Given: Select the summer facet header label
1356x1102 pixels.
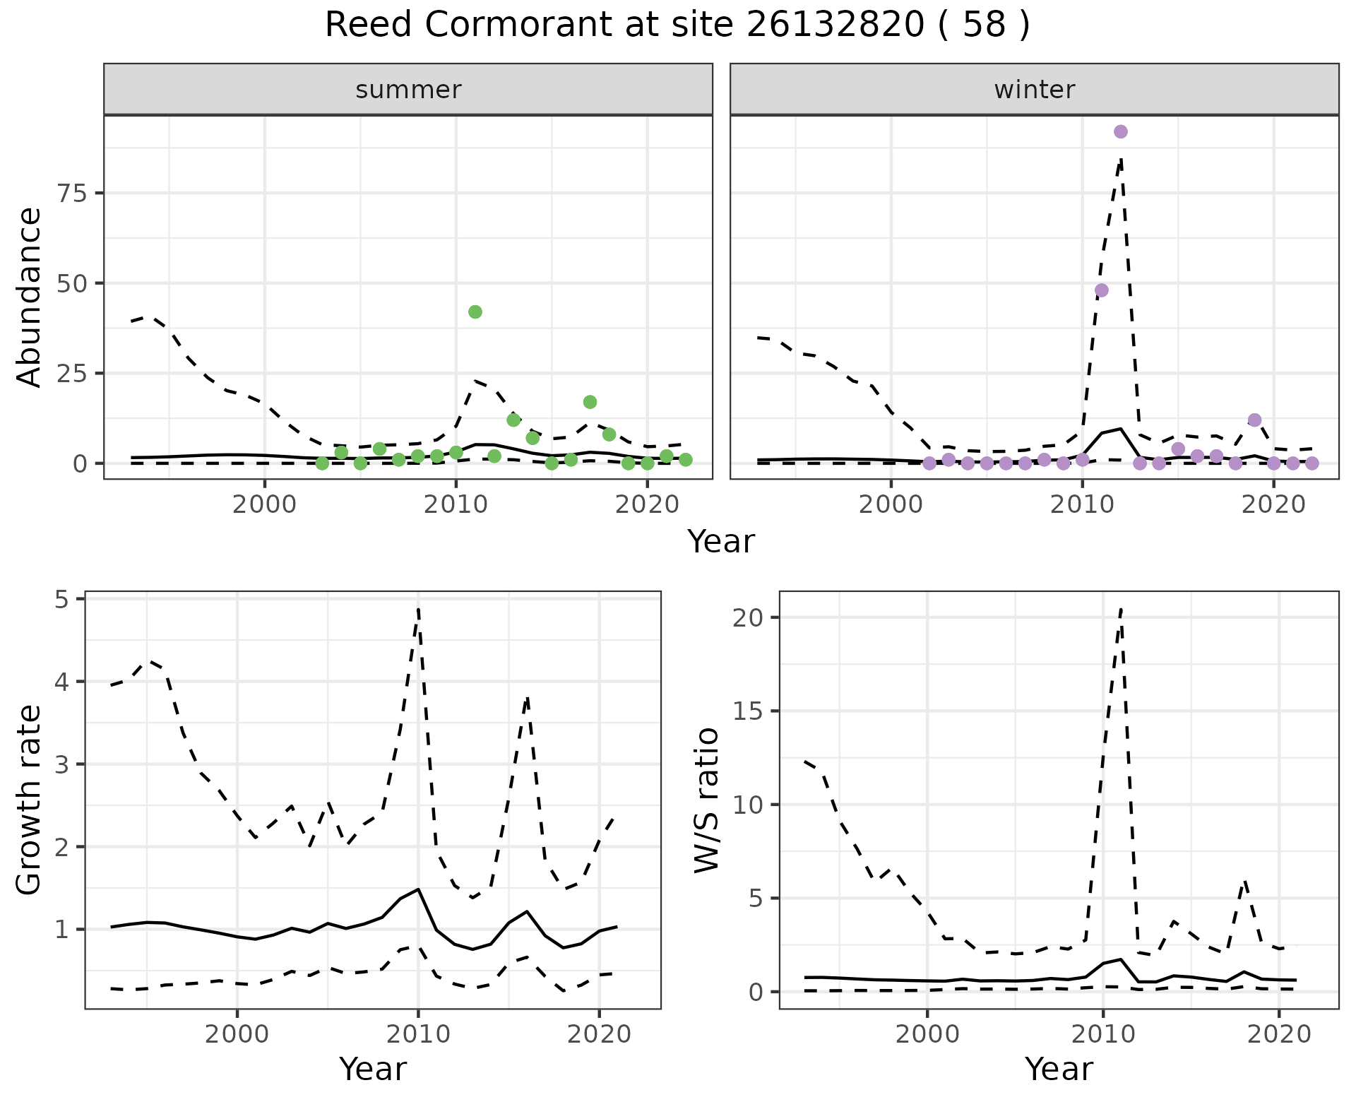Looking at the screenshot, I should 408,90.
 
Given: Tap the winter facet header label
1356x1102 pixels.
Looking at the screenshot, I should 1034,90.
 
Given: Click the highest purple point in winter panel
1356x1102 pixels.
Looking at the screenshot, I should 1120,132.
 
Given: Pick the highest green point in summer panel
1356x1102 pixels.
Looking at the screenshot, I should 475,312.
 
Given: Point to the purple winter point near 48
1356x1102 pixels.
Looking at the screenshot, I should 1101,290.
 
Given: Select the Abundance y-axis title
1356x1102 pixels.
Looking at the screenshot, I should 30,297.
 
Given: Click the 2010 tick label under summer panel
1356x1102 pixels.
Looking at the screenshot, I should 456,506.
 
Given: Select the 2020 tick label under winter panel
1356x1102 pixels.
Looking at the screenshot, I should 1273,506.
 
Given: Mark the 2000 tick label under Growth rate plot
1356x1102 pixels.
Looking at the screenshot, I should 237,1035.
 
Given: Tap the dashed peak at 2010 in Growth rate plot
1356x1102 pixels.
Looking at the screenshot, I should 418,609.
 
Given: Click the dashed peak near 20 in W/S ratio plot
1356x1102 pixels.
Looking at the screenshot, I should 1121,609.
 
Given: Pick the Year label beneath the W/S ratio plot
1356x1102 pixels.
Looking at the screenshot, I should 1059,1069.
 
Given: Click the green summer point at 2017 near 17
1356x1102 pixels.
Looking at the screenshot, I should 590,403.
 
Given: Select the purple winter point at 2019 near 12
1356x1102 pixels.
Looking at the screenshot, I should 1254,420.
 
